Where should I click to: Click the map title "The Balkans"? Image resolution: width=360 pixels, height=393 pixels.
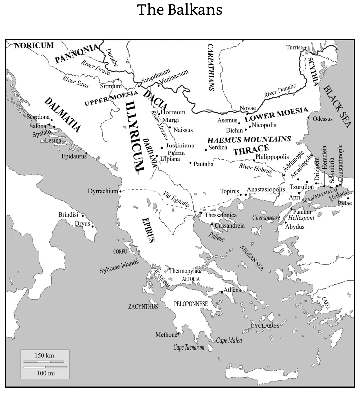pyautogui.click(x=180, y=10)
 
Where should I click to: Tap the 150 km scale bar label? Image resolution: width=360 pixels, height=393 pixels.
pyautogui.click(x=44, y=355)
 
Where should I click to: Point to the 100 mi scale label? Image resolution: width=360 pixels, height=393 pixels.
pyautogui.click(x=45, y=373)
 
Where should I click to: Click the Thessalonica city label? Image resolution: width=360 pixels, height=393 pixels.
pyautogui.click(x=220, y=215)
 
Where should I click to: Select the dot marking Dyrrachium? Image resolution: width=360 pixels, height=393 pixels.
pyautogui.click(x=120, y=192)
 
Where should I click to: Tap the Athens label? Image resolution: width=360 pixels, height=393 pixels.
pyautogui.click(x=232, y=290)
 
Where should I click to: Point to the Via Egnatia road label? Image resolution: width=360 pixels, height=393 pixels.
pyautogui.click(x=176, y=200)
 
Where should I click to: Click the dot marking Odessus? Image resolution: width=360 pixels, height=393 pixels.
pyautogui.click(x=308, y=118)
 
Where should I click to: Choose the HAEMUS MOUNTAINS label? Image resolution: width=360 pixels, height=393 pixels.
pyautogui.click(x=249, y=139)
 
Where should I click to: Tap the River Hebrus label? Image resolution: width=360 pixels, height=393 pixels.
pyautogui.click(x=255, y=168)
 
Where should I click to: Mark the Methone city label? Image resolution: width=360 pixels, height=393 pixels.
pyautogui.click(x=166, y=335)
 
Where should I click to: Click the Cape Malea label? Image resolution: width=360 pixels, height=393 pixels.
pyautogui.click(x=229, y=340)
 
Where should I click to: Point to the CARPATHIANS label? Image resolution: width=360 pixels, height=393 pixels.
pyautogui.click(x=211, y=67)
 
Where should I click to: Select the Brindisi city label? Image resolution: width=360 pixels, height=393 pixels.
pyautogui.click(x=68, y=215)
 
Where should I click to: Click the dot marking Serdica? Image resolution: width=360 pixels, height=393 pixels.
pyautogui.click(x=206, y=150)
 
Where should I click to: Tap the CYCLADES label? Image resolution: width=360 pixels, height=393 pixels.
pyautogui.click(x=265, y=326)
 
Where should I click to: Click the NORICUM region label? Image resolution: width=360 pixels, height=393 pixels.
pyautogui.click(x=34, y=46)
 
